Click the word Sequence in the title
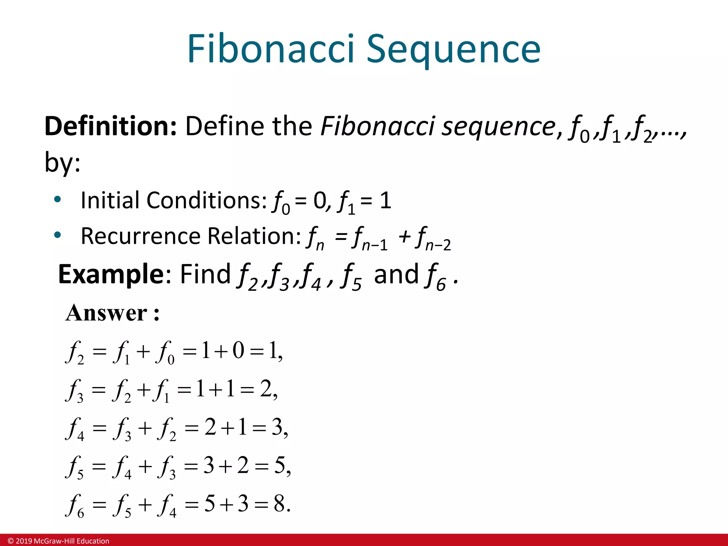[x=453, y=50]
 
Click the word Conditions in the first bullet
[x=206, y=200]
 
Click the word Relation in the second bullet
[x=254, y=236]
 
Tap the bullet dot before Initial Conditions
[x=57, y=199]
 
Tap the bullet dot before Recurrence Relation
[x=57, y=235]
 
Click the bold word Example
[x=111, y=274]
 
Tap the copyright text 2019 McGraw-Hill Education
[x=59, y=541]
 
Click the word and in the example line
[x=396, y=274]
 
